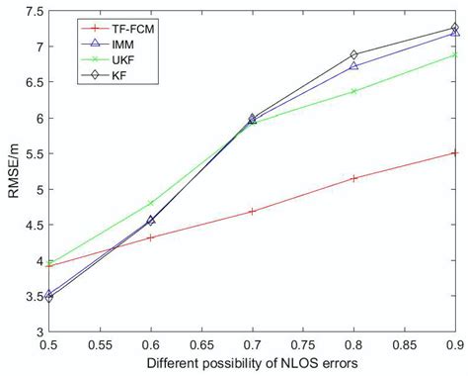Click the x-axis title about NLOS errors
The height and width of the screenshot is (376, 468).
pyautogui.click(x=252, y=363)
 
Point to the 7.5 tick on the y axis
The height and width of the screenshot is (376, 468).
pyautogui.click(x=32, y=12)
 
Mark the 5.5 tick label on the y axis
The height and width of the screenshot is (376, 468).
pyautogui.click(x=32, y=154)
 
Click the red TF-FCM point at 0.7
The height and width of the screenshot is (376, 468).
pyautogui.click(x=253, y=211)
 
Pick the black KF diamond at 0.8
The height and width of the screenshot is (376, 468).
pyautogui.click(x=353, y=55)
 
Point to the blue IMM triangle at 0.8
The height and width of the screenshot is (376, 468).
pyautogui.click(x=353, y=66)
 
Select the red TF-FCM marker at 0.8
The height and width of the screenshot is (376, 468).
pyautogui.click(x=353, y=178)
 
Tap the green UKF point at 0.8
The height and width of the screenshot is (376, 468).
pyautogui.click(x=353, y=91)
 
